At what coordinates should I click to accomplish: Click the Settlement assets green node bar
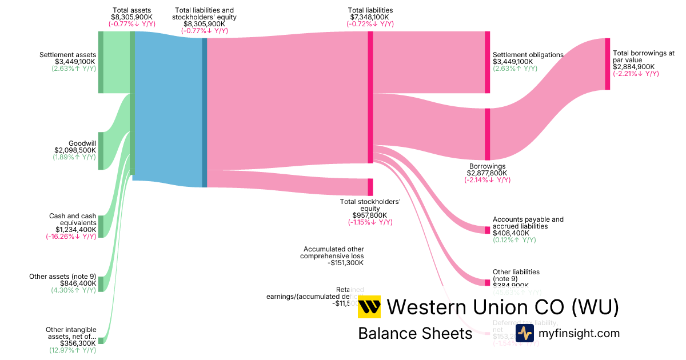pyautogui.click(x=101, y=62)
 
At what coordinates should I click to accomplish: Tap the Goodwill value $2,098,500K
pyautogui.click(x=75, y=150)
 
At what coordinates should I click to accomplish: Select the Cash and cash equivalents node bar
pyautogui.click(x=101, y=226)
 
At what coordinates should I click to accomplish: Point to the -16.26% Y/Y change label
pyautogui.click(x=71, y=237)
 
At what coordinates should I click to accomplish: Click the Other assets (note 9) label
pyautogui.click(x=62, y=277)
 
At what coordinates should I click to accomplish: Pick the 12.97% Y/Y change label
pyautogui.click(x=72, y=350)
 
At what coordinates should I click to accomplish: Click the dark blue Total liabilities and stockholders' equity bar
pyautogui.click(x=204, y=109)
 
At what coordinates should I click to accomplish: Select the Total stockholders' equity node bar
pyautogui.click(x=370, y=187)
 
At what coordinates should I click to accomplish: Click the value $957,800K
pyautogui.click(x=370, y=215)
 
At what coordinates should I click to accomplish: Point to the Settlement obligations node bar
pyautogui.click(x=487, y=62)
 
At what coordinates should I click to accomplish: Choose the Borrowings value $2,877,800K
pyautogui.click(x=487, y=173)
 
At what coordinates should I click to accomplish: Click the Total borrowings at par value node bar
pyautogui.click(x=607, y=64)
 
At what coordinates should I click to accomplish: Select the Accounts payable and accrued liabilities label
pyautogui.click(x=528, y=223)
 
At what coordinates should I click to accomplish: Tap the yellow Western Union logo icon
pyautogui.click(x=369, y=307)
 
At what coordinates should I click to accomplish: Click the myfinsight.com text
pyautogui.click(x=579, y=333)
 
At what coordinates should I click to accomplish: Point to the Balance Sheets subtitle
pyautogui.click(x=415, y=333)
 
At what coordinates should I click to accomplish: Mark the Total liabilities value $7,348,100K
pyautogui.click(x=370, y=17)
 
